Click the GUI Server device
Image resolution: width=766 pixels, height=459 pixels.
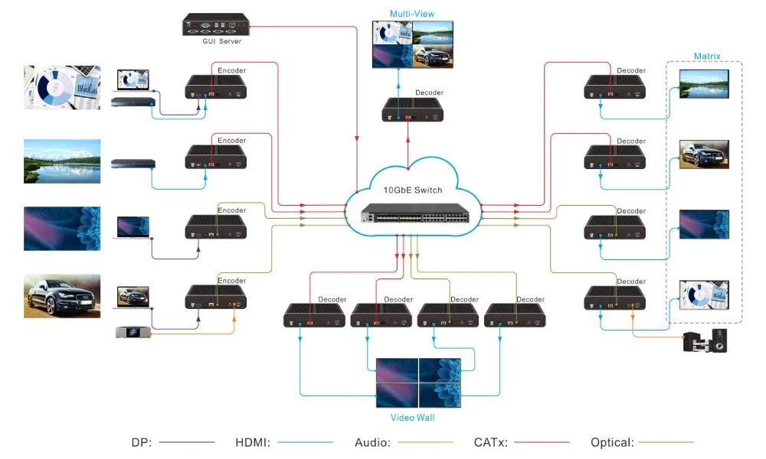pos(215,24)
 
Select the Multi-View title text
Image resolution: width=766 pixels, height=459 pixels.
pos(412,14)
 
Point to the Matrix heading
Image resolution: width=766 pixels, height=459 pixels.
pos(707,57)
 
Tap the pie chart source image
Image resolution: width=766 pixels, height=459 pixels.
pos(62,86)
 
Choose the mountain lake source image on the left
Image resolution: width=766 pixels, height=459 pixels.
pos(62,161)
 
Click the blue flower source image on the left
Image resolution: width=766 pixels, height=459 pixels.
pos(62,229)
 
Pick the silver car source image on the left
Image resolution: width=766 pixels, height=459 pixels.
pos(62,296)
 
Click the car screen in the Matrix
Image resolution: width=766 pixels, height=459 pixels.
pos(705,154)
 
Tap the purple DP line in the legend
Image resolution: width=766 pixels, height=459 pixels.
pos(187,442)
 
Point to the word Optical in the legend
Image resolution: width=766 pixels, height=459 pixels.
pos(611,442)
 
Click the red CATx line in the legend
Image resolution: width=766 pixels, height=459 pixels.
pos(542,442)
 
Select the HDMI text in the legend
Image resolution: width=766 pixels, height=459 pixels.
pos(252,442)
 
